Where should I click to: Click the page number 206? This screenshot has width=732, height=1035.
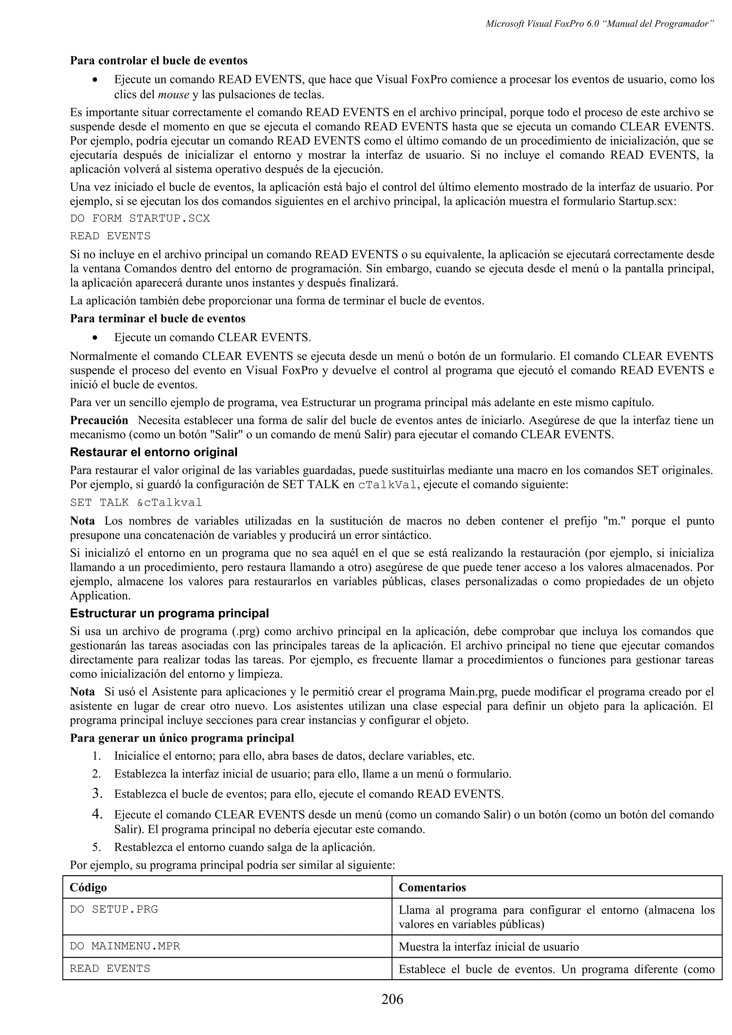point(392,999)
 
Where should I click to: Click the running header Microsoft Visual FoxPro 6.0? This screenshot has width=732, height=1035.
point(599,24)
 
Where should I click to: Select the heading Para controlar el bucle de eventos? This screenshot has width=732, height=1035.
point(159,60)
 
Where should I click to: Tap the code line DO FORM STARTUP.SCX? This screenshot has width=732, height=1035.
point(140,219)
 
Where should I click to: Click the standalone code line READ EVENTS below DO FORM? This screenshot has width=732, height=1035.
point(110,236)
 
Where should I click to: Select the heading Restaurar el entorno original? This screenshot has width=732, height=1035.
point(153,452)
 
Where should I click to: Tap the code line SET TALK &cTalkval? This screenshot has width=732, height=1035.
point(136,502)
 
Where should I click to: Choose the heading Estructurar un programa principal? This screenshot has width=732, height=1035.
point(169,614)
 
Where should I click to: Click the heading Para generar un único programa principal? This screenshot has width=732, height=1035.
point(182,738)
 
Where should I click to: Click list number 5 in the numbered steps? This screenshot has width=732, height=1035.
point(96,847)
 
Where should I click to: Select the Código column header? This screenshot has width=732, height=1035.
point(88,887)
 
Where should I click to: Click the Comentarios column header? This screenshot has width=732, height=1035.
point(432,887)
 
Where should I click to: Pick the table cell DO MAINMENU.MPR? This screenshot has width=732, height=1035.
point(125,946)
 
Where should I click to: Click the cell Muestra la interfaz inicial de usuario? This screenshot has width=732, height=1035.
point(489,947)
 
